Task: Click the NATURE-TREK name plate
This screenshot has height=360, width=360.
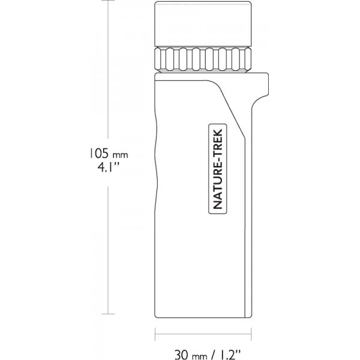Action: (x=218, y=169)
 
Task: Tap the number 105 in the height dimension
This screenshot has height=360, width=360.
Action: (x=99, y=153)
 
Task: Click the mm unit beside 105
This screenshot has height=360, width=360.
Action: (x=120, y=155)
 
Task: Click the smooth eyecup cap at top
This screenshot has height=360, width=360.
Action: (x=203, y=24)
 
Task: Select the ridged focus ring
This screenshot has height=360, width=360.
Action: (x=203, y=59)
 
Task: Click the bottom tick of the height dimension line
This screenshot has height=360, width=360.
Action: (x=108, y=314)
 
